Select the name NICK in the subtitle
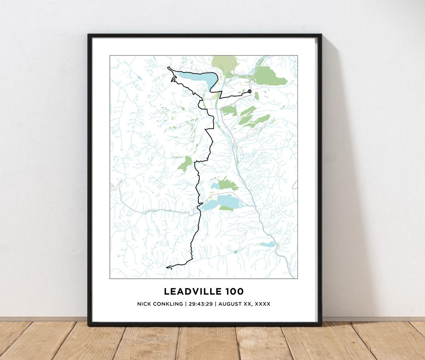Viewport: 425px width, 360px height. (144, 304)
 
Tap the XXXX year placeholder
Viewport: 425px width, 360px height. (262, 304)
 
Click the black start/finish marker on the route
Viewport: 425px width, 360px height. (249, 91)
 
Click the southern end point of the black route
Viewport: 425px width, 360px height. (167, 267)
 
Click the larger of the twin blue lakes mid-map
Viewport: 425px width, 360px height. (229, 202)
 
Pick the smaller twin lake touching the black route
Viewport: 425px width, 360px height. (209, 205)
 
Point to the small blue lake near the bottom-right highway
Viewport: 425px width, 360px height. (268, 245)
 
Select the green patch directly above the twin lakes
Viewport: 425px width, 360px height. (227, 184)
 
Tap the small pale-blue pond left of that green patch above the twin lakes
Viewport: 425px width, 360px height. (215, 186)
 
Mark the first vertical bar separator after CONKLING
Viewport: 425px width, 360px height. (185, 304)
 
